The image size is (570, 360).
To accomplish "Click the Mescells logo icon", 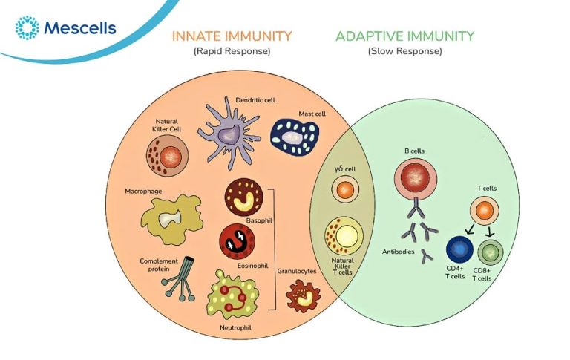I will [x=27, y=28].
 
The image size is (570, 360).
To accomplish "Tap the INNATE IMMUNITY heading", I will [x=232, y=36].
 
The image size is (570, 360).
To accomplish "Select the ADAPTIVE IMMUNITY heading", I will [x=404, y=36].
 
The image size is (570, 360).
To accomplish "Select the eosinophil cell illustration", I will [x=237, y=241].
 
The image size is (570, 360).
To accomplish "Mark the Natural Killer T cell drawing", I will [x=344, y=236].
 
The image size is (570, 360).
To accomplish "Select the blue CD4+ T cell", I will [x=460, y=249].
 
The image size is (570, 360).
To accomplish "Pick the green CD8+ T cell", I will [x=491, y=249].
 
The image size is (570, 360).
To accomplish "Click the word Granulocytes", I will [x=296, y=272].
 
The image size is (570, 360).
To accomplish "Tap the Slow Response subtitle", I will [x=404, y=51].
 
